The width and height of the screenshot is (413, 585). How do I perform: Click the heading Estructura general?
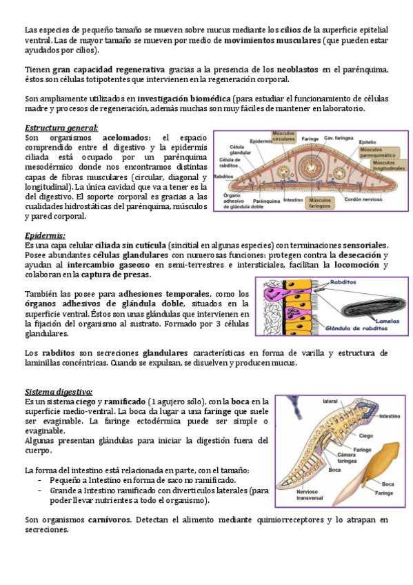click(61, 128)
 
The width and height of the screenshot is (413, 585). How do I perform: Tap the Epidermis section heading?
click(45, 236)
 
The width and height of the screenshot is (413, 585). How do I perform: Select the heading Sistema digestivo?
click(59, 392)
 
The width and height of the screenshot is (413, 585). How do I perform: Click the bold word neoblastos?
click(297, 70)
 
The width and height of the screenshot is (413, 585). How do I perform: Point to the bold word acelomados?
click(126, 138)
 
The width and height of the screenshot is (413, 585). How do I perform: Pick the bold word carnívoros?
click(110, 519)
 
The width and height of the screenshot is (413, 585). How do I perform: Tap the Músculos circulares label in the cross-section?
click(283, 136)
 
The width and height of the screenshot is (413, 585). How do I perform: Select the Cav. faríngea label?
click(339, 138)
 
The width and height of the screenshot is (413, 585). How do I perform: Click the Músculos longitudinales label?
click(389, 166)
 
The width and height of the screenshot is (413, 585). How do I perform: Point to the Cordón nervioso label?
click(363, 199)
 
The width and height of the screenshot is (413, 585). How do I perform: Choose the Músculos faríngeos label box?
click(320, 203)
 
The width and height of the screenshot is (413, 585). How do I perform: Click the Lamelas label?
click(387, 321)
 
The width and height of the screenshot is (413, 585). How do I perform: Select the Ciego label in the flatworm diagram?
click(366, 436)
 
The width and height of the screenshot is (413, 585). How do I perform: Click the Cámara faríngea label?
click(347, 458)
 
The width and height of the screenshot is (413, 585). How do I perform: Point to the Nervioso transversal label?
click(310, 495)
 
